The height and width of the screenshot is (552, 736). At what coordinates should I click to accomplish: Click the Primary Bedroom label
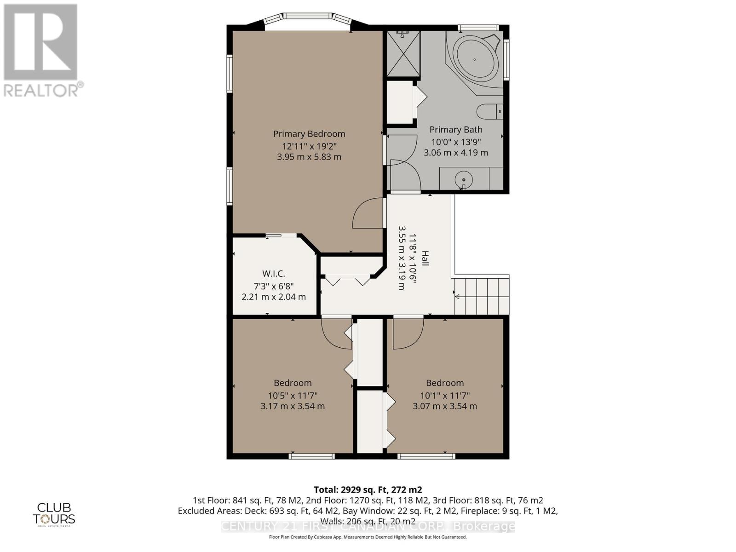coord(309,134)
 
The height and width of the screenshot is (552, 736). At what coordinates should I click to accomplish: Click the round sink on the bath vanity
coord(464,178)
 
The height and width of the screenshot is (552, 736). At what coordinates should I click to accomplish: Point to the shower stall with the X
coord(403,54)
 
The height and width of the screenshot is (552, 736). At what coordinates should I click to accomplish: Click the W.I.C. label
coord(274,274)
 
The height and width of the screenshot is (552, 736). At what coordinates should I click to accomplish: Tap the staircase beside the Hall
coord(482,296)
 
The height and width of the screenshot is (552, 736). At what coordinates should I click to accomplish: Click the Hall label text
coord(425,259)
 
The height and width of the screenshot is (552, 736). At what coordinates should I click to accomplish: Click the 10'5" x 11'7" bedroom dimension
coord(293,395)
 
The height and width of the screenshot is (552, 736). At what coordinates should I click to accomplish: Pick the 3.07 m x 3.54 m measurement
coord(444,406)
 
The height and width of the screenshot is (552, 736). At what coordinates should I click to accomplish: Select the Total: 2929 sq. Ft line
coord(368,489)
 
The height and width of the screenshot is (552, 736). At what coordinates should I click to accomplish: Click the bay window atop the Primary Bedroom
coord(308,20)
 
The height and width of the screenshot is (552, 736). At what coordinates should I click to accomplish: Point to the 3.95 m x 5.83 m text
coord(309,157)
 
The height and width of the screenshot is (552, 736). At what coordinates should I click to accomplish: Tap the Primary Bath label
coord(455,130)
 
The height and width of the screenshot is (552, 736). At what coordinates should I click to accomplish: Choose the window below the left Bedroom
coord(312,456)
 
